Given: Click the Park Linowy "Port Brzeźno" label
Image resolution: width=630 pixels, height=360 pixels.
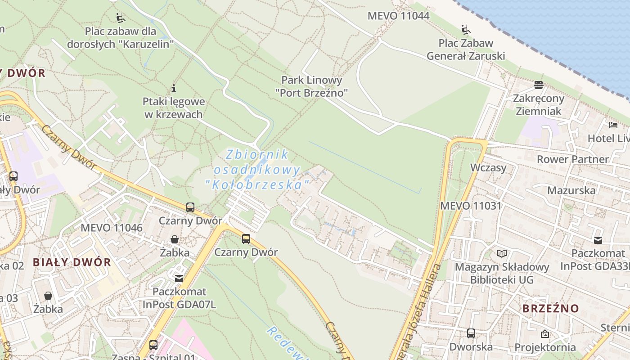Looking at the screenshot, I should [312, 86].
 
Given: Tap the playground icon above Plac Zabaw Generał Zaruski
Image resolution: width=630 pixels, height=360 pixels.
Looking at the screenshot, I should [466, 30].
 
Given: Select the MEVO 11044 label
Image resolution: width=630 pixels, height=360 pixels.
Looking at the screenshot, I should [398, 16].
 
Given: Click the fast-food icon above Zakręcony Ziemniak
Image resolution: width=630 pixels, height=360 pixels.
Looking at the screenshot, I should [539, 85].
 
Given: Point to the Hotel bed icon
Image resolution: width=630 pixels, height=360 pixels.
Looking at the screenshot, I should [613, 125].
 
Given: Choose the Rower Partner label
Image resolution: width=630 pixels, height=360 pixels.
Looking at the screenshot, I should [572, 159].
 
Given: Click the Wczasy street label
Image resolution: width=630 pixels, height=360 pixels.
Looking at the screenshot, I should [488, 168].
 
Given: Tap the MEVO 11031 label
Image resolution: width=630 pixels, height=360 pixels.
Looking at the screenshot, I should [471, 206].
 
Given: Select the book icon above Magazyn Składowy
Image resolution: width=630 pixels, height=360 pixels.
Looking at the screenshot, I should [502, 253].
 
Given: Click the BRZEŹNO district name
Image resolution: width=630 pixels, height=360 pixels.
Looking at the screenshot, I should [550, 309].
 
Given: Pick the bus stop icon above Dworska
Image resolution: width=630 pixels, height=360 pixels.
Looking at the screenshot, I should [471, 333].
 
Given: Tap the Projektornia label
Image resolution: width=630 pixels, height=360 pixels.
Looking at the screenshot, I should [545, 347].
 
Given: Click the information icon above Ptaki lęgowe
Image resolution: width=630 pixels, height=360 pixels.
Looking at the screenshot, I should [174, 88].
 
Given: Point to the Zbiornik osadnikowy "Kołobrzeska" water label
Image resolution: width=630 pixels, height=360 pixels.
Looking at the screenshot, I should [257, 169].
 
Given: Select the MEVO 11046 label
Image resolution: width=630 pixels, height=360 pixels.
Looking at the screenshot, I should [112, 227].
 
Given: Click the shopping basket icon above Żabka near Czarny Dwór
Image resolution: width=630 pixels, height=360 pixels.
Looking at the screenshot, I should [175, 239].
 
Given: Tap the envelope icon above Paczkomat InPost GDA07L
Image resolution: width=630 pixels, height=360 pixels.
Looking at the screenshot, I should [179, 279].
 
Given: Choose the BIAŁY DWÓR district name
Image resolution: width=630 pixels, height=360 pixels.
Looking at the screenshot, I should [72, 262].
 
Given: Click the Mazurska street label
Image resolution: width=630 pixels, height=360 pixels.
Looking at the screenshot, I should [571, 190].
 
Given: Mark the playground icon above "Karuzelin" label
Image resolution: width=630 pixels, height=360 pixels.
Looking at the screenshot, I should [120, 18].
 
